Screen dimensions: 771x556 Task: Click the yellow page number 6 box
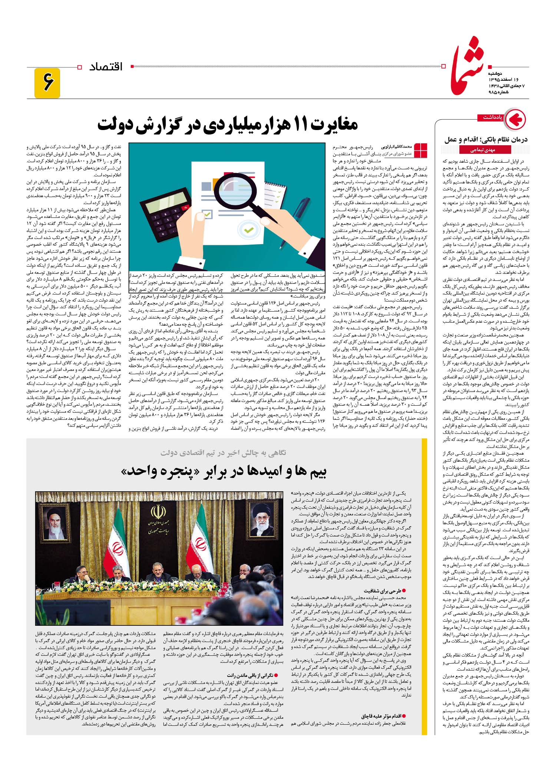click(x=47, y=83)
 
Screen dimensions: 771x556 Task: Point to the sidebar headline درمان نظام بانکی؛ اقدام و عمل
click(x=486, y=140)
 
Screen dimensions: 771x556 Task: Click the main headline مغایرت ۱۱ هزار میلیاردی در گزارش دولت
click(x=228, y=124)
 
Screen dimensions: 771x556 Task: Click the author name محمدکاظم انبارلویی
click(x=394, y=146)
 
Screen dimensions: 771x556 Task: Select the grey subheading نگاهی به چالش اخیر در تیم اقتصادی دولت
click(x=223, y=453)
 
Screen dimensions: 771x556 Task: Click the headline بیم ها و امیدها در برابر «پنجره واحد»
click(x=224, y=471)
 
